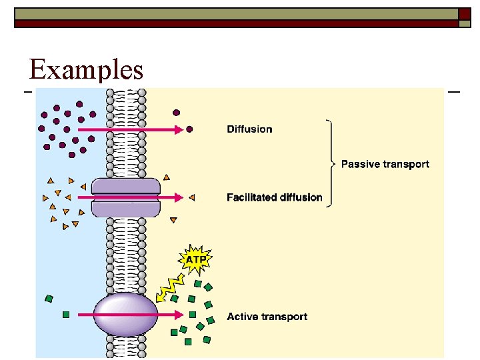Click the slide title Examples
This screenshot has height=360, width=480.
point(86,69)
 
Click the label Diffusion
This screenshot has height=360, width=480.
point(249,129)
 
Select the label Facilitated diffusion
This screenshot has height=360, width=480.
point(274,197)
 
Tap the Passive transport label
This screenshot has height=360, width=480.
point(385,164)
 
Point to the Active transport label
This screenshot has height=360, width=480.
point(267,317)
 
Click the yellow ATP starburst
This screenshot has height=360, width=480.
point(195,259)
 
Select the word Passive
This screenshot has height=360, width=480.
point(360,164)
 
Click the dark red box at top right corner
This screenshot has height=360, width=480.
point(465,13)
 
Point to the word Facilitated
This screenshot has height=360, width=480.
point(250,197)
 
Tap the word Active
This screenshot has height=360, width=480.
point(241,317)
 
